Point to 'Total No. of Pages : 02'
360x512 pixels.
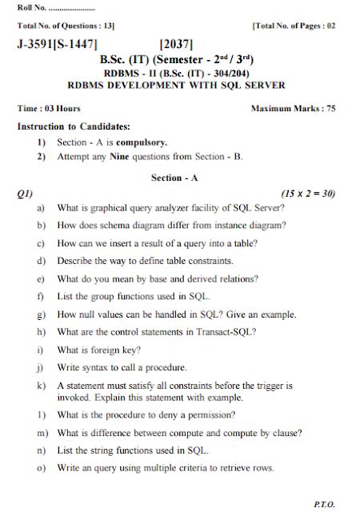click(x=294, y=26)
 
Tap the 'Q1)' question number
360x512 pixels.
click(x=26, y=193)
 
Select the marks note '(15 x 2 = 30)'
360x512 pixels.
click(x=308, y=193)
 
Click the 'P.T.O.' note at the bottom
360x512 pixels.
click(x=325, y=505)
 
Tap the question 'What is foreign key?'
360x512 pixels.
click(x=99, y=350)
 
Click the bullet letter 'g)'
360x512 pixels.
click(x=40, y=314)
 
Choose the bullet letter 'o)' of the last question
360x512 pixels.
click(x=40, y=468)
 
